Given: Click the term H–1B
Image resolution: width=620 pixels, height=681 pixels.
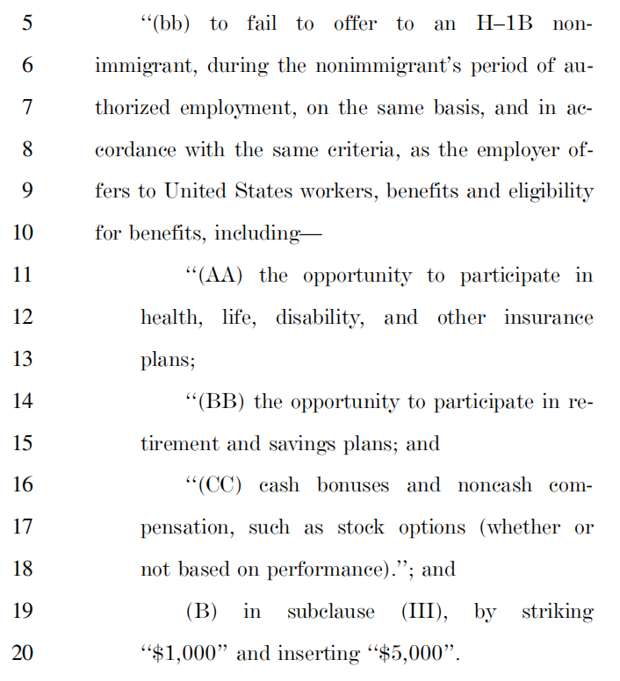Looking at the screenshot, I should click(x=502, y=24).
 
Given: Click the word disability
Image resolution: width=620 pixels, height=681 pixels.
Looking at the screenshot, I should click(x=319, y=318).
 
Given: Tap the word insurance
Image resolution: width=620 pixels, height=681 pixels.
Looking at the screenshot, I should click(x=548, y=318).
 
